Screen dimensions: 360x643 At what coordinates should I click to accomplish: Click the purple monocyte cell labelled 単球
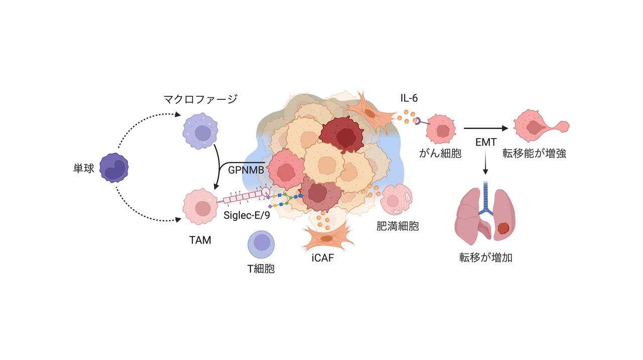point(114,168)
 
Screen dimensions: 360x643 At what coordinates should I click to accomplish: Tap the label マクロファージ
point(200,99)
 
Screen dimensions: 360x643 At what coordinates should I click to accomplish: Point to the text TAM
point(200,240)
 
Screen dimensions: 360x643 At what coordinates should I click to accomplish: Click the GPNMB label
point(246,170)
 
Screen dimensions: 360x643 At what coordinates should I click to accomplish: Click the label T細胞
point(261,269)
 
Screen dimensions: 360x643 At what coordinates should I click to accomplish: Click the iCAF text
point(323,258)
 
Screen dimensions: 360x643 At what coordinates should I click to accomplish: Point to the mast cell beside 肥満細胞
point(397,200)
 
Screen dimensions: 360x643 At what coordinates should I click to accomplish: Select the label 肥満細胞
point(398,226)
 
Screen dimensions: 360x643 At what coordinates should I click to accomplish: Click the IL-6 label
point(409,98)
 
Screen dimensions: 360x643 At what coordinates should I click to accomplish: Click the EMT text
point(485,143)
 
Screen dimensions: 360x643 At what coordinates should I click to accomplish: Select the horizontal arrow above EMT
point(486,129)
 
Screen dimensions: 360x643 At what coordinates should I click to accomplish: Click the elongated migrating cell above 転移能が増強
point(540,126)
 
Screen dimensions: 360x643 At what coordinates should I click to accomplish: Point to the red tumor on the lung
point(503,228)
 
